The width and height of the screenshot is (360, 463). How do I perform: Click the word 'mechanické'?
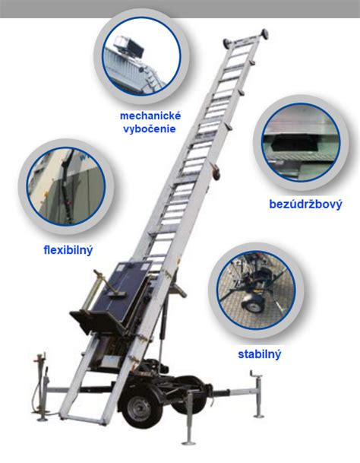click(x=150, y=116)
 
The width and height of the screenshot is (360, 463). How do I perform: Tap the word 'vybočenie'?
click(x=150, y=129)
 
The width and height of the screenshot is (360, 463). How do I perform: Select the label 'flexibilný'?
click(x=68, y=250)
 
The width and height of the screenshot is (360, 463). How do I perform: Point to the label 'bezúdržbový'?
click(x=306, y=205)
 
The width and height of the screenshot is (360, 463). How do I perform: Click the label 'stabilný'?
click(x=260, y=354)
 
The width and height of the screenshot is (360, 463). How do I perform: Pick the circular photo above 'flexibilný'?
click(x=66, y=186)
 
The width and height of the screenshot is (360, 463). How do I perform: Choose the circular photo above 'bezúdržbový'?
click(x=301, y=142)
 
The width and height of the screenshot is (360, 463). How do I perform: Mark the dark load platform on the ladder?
click(x=115, y=295)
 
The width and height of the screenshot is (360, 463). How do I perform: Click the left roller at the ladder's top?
click(x=228, y=43)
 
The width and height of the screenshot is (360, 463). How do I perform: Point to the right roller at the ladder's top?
click(x=264, y=33)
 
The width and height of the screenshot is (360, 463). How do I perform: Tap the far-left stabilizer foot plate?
click(x=42, y=419)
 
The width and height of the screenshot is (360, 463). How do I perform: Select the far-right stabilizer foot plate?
click(x=259, y=416)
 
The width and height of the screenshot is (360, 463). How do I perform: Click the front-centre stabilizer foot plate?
click(x=187, y=442)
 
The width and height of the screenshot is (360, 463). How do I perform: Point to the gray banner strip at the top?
click(x=180, y=9)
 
